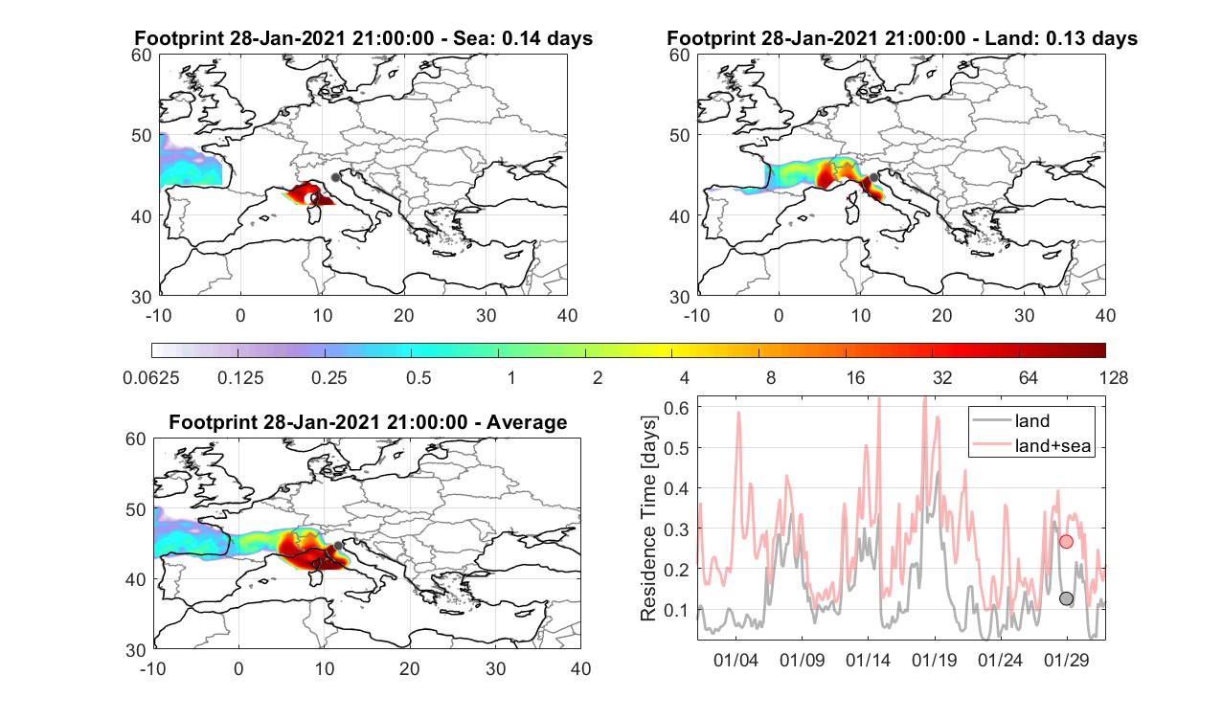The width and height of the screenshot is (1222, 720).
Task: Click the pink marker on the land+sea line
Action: point(1066,542)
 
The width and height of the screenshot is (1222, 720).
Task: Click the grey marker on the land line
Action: point(1066,598)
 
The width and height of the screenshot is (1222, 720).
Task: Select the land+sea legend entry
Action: point(1032,445)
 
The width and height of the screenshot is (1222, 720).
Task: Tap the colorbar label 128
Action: point(1113,377)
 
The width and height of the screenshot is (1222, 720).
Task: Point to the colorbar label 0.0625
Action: point(151,377)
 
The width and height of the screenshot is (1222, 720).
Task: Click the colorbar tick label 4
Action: point(684,377)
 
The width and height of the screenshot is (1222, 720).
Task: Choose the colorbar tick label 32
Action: point(942,377)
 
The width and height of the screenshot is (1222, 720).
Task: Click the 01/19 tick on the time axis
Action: point(935,660)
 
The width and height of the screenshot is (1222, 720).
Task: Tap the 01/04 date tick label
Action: point(736,660)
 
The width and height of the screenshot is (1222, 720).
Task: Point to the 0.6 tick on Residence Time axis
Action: point(676,408)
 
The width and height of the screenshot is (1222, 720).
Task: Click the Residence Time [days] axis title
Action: point(648,519)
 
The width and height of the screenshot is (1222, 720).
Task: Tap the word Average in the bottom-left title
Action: point(527,422)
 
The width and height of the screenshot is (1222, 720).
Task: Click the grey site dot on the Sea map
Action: point(335,177)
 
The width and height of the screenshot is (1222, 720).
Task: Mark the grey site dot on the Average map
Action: point(338,546)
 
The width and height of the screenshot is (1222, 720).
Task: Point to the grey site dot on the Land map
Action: point(873,177)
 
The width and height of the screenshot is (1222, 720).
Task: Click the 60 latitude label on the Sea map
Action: point(141,56)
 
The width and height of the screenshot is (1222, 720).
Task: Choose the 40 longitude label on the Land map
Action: point(1105,315)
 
